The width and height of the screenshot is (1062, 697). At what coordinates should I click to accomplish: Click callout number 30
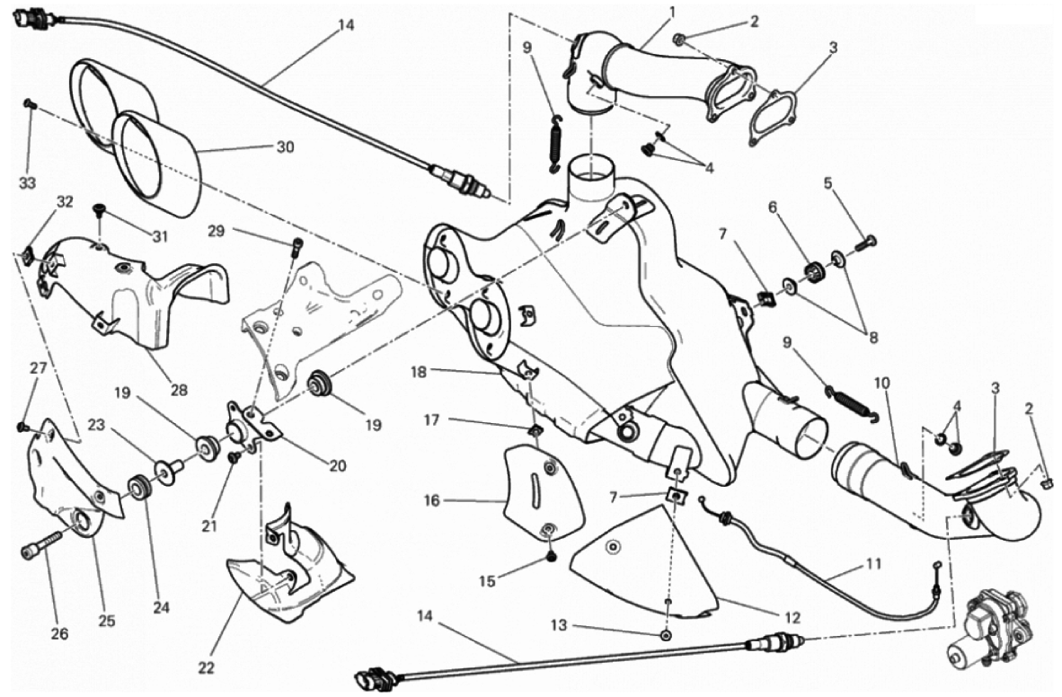pos(285,146)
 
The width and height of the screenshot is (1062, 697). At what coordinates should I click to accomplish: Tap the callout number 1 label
pos(671,12)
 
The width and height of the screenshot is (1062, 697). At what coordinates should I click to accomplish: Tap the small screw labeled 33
pos(29,104)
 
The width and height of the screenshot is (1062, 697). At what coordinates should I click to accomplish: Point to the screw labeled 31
pos(99,211)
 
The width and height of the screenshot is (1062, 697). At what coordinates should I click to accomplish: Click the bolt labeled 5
pos(868,241)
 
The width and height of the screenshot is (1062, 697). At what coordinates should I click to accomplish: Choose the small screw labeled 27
pos(23,427)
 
